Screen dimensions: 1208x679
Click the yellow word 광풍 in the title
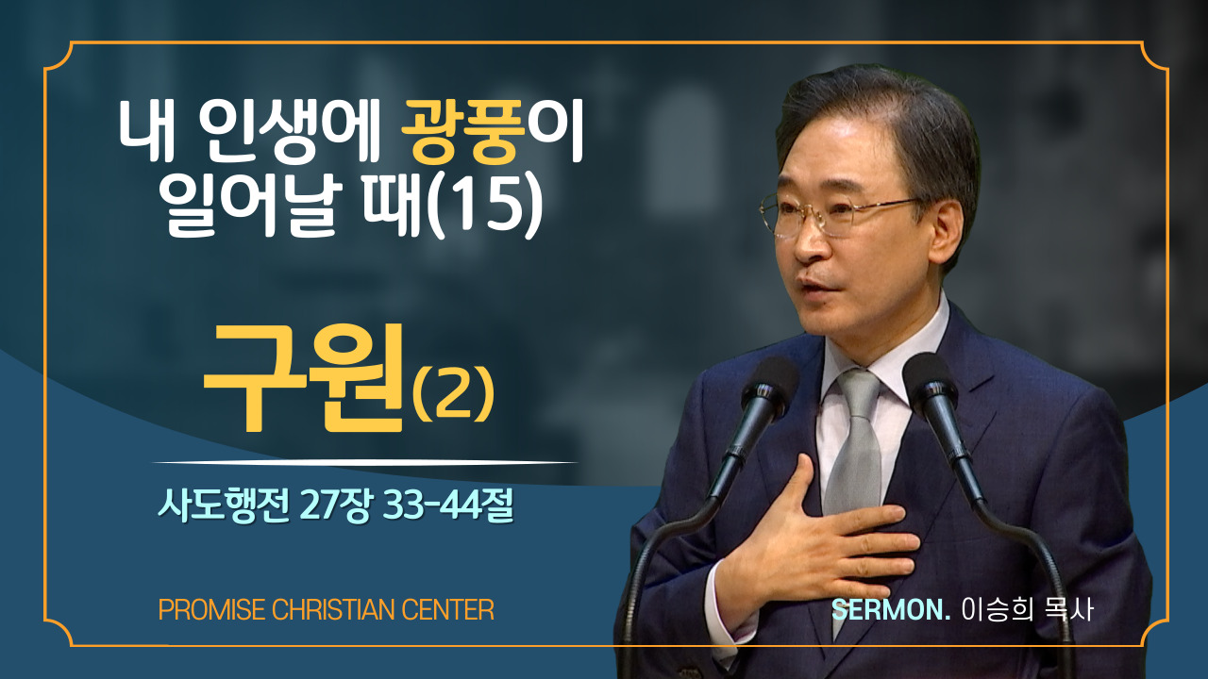click(x=463, y=132)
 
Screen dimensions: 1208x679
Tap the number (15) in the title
click(x=484, y=207)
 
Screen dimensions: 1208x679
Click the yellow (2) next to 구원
click(x=453, y=394)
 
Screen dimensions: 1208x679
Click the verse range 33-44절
click(x=447, y=506)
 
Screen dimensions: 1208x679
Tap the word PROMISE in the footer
click(x=211, y=610)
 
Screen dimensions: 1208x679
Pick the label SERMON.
click(x=891, y=610)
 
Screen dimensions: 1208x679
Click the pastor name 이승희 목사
click(x=1028, y=610)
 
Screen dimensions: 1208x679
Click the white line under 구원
click(x=365, y=462)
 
